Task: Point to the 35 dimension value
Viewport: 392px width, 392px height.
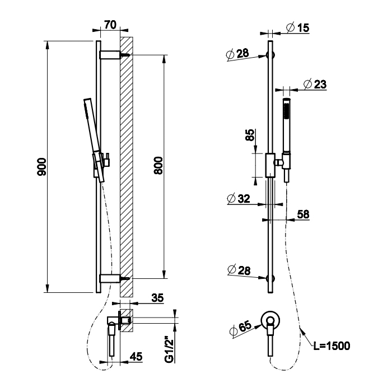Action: tap(157, 299)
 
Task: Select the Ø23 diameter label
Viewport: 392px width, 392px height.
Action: tap(314, 84)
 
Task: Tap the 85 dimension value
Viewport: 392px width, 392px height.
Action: tap(250, 135)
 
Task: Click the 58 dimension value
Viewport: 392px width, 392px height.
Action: tap(303, 214)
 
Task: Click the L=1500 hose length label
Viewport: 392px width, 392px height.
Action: tap(332, 346)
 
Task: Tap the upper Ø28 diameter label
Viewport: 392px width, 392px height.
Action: tap(238, 54)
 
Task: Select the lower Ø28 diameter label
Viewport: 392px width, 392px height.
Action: tap(238, 271)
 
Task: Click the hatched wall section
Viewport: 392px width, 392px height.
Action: tap(127, 168)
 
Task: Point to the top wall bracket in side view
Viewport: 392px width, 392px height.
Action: tap(111, 54)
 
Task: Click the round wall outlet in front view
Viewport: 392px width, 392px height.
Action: tap(272, 319)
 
